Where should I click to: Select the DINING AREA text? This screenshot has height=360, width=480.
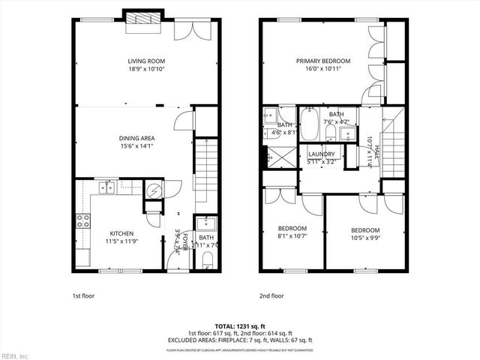click(x=137, y=138)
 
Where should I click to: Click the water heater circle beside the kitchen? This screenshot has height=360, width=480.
click(x=154, y=190)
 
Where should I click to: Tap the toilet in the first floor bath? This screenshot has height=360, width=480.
click(x=206, y=259)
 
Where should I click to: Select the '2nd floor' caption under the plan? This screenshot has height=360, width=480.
click(x=271, y=295)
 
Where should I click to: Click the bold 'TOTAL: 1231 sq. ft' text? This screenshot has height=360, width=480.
click(x=240, y=326)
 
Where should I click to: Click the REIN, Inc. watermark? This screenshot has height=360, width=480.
click(x=16, y=355)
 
